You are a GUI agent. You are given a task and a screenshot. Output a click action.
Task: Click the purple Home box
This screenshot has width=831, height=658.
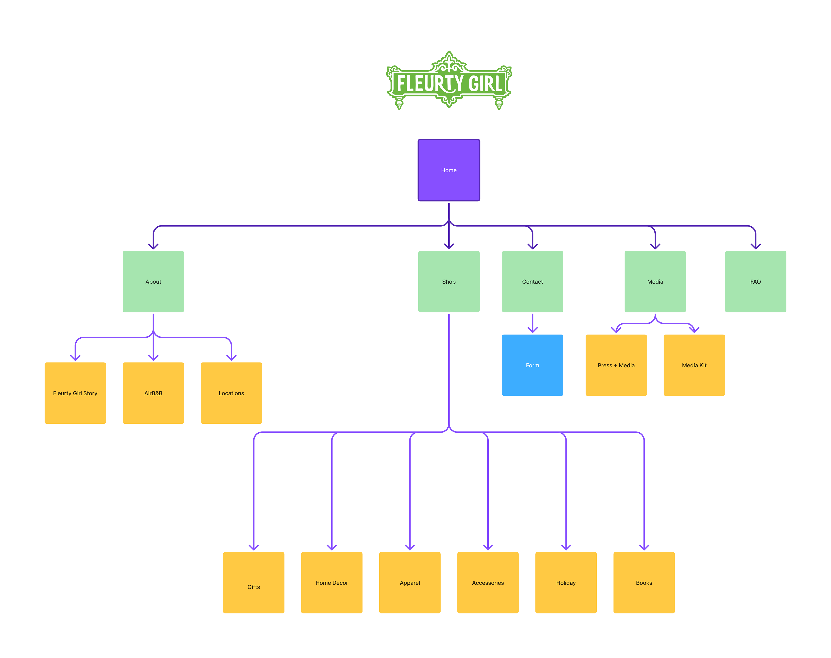(449, 170)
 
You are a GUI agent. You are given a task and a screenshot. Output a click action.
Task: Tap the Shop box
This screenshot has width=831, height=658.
(449, 282)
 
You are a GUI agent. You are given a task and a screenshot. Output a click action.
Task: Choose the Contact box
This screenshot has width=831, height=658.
(532, 282)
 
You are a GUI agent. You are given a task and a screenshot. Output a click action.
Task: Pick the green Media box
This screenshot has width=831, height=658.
(655, 282)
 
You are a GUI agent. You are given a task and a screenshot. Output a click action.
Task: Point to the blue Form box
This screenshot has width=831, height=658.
(532, 365)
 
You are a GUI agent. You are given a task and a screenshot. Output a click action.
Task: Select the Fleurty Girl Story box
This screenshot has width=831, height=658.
(75, 393)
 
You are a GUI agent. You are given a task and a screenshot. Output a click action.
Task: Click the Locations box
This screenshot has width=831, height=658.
(231, 393)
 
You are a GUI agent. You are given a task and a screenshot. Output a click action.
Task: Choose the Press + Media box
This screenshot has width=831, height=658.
(616, 365)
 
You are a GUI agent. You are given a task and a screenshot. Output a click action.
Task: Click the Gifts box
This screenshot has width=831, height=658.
(253, 582)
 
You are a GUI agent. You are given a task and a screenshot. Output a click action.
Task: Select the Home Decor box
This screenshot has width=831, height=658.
(332, 582)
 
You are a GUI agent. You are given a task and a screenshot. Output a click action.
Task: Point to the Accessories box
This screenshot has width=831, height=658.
(488, 582)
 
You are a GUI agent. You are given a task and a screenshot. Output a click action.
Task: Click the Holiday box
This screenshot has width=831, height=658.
(566, 582)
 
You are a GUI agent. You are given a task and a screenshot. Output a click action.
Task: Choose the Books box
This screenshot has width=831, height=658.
(644, 582)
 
